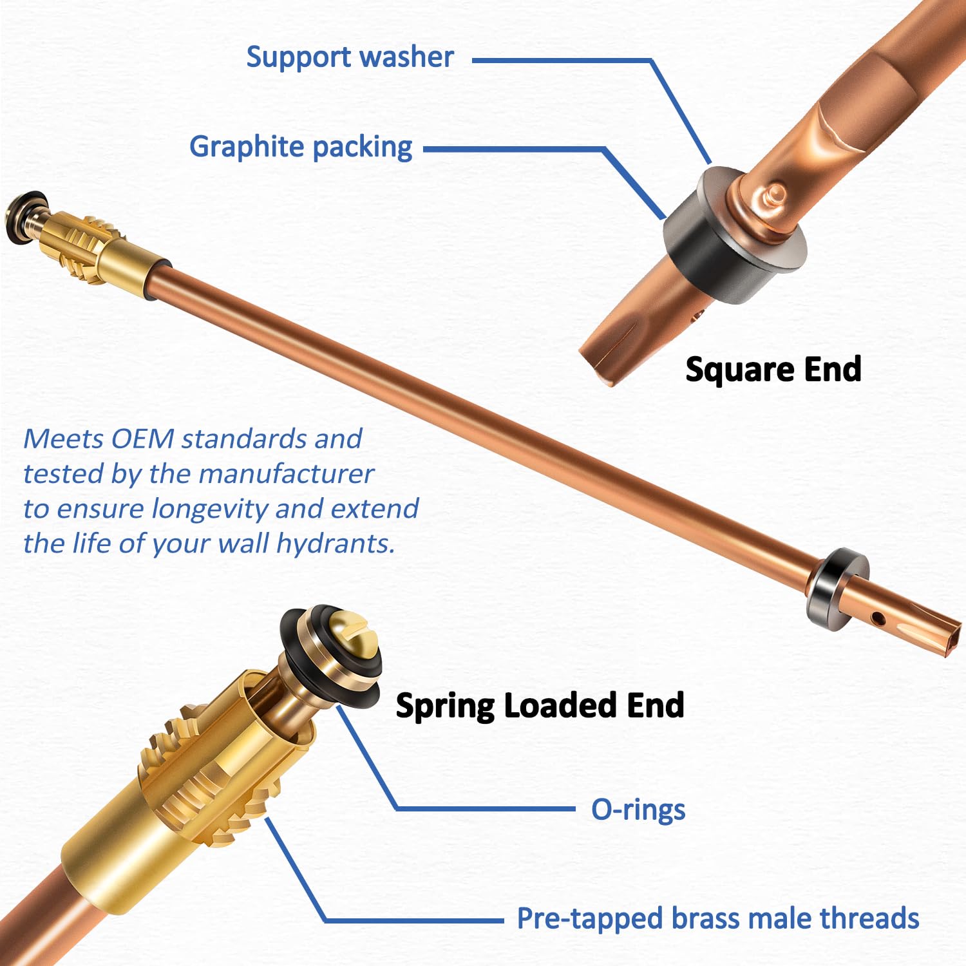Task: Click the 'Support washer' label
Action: pyautogui.click(x=350, y=57)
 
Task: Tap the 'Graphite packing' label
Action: pyautogui.click(x=301, y=147)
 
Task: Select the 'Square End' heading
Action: pyautogui.click(x=773, y=370)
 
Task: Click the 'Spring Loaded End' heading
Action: pyautogui.click(x=540, y=706)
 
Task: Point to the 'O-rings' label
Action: pyautogui.click(x=638, y=810)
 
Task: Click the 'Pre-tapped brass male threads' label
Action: pyautogui.click(x=718, y=919)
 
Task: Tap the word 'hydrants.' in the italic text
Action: pyautogui.click(x=336, y=544)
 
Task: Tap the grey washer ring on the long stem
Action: pyautogui.click(x=835, y=589)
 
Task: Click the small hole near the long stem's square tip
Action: pyautogui.click(x=877, y=619)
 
